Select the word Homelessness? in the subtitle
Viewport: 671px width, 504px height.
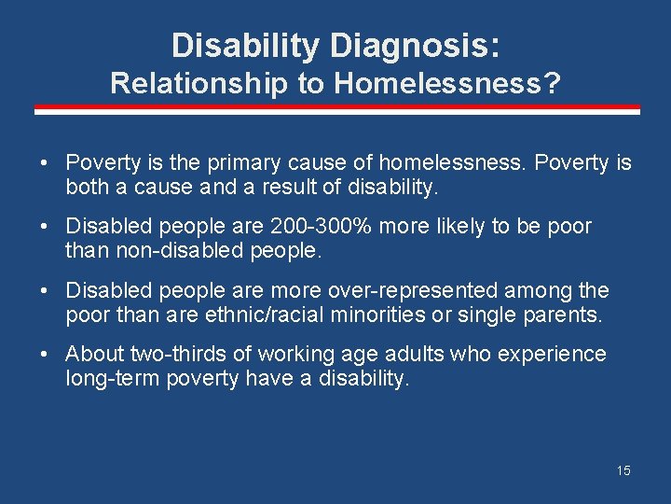tap(447, 84)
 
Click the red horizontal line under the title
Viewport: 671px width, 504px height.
tap(336, 108)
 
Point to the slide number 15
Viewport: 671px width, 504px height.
tap(623, 470)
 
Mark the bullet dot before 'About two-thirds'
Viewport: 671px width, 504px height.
tap(45, 355)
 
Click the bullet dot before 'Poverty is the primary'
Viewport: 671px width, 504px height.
tap(45, 164)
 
